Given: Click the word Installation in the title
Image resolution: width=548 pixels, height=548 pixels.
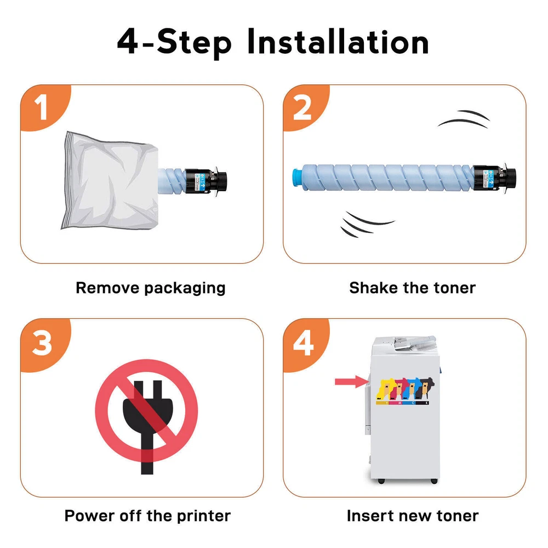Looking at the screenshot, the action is point(338,42).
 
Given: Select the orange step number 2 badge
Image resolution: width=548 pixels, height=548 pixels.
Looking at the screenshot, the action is point(305,107).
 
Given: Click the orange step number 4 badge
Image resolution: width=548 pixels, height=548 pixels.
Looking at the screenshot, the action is point(305,343).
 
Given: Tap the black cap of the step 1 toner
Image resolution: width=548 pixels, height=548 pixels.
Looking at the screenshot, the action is point(206,181).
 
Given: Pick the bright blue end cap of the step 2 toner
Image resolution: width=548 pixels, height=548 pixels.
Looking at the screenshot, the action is point(297,178).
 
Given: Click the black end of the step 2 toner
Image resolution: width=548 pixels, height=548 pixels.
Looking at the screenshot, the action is point(494,178).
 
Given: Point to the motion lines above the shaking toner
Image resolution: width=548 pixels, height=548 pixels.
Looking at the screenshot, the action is point(465,119).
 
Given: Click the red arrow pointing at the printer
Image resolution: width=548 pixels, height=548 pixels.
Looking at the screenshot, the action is point(352,381).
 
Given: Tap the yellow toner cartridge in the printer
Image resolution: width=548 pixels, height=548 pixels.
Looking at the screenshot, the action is point(385,390).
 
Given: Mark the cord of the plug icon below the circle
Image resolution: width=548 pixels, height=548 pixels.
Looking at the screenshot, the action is point(147,454).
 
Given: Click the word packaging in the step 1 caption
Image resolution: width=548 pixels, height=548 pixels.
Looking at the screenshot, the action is point(185,289).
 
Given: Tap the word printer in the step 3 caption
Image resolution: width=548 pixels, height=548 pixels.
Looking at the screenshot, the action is point(204,516).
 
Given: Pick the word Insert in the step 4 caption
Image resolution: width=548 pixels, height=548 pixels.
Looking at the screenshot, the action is point(369,516).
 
